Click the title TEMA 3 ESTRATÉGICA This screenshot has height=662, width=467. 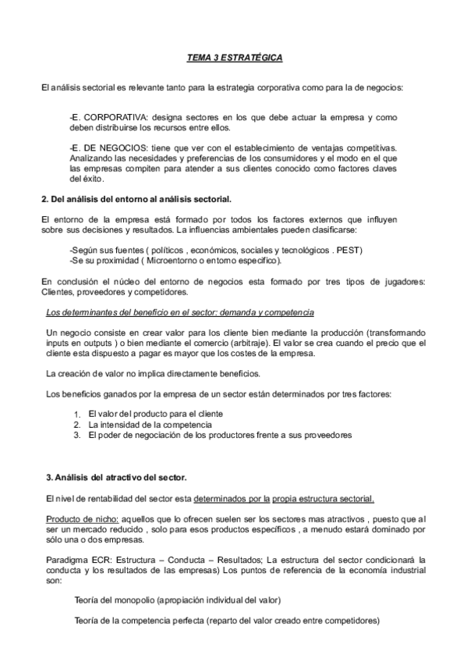(234, 58)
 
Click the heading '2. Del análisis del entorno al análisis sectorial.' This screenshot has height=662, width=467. (136, 201)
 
